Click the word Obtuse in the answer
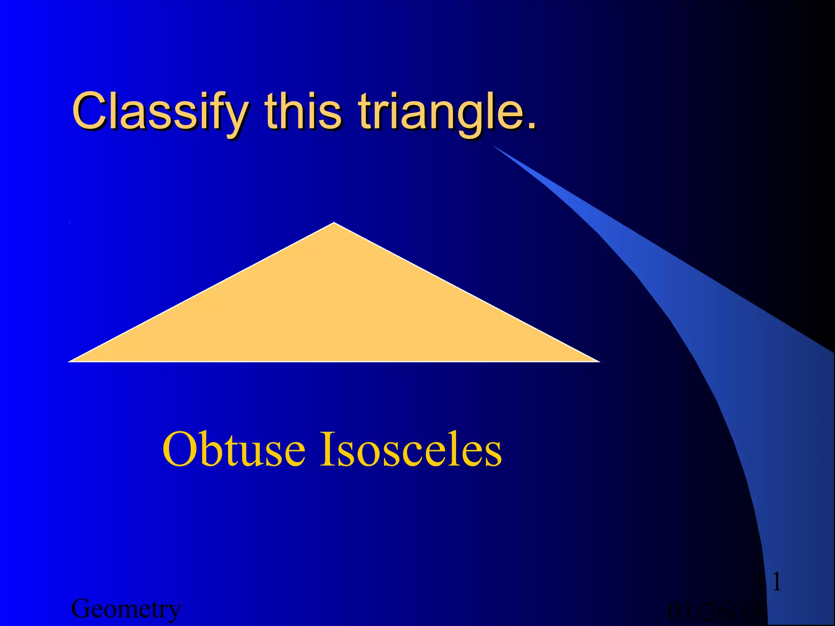234,450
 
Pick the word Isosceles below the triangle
411,450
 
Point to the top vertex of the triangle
334,223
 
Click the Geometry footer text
126,609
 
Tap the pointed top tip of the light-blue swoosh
494,146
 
